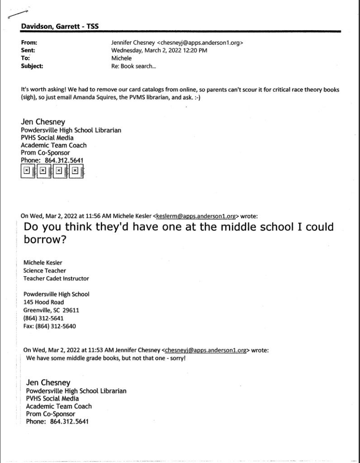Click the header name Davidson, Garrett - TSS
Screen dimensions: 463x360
pos(60,27)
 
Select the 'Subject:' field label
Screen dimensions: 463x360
pos(32,66)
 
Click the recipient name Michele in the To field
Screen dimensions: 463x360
pos(122,58)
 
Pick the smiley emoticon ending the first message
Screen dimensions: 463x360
pos(196,97)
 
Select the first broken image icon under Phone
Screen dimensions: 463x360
pos(27,171)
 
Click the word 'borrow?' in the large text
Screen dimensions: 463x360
pos(45,240)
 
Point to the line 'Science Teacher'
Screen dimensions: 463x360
pos(44,270)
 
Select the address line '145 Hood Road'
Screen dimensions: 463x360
pos(43,302)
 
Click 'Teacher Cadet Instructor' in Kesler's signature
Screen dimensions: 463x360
pos(56,279)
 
